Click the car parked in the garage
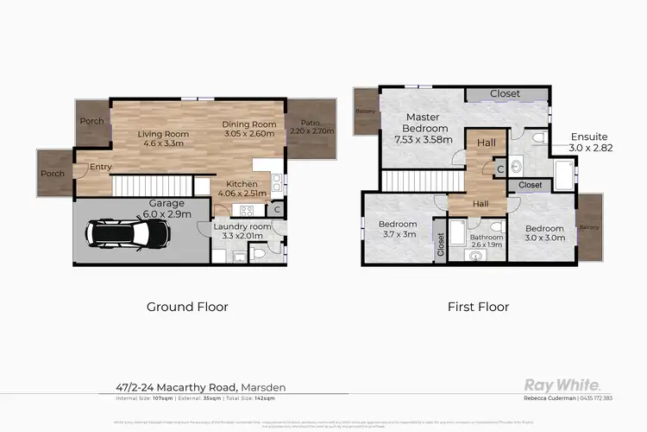coord(127,232)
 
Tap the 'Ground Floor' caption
coord(187,306)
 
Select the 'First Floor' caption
coord(478,306)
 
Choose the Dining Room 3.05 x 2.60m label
coord(249,130)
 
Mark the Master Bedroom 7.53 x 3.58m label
coord(423,128)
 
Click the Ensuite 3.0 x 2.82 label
coord(590,143)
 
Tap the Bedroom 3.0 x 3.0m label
coord(545,233)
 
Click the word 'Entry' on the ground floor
coord(88,168)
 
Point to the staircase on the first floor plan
coord(411,181)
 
